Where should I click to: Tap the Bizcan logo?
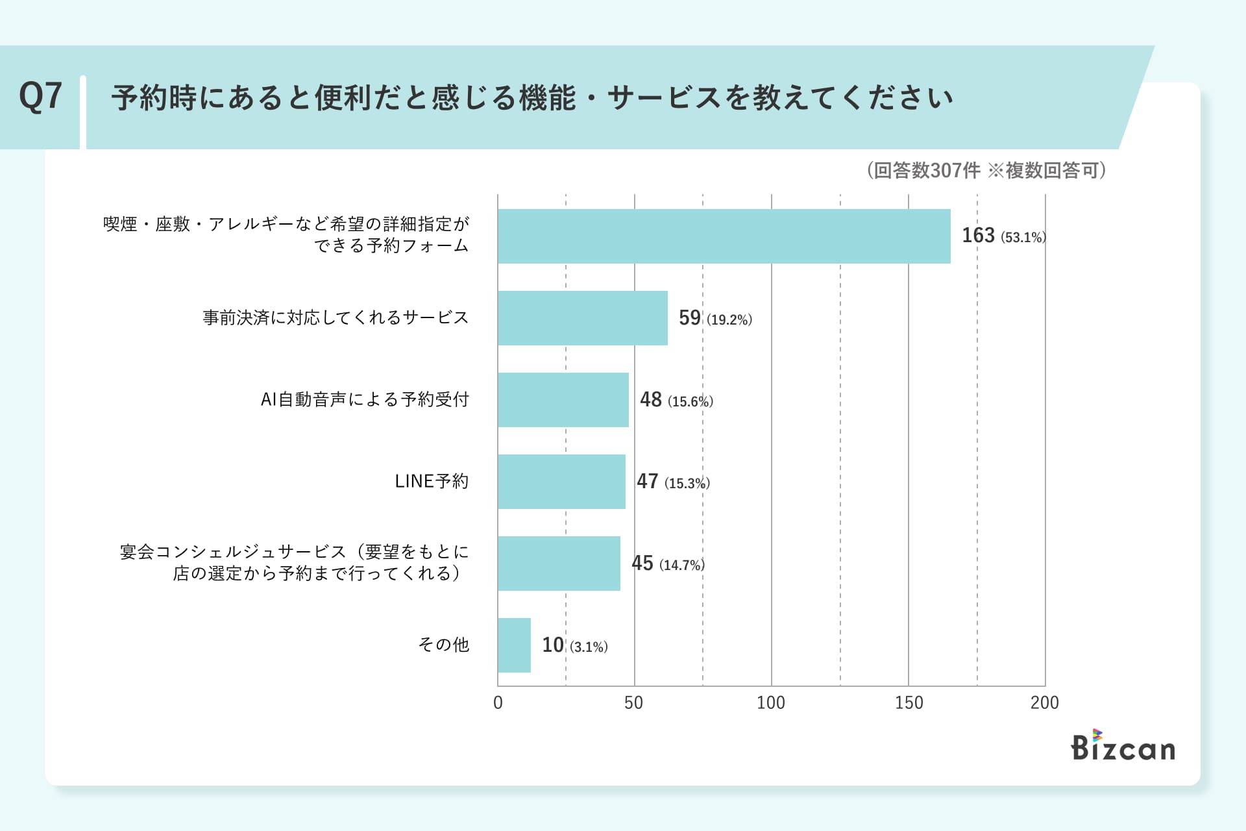coord(1123,746)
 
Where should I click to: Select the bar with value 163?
coord(724,236)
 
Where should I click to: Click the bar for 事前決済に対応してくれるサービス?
coord(582,318)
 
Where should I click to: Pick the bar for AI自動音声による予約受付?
coord(563,400)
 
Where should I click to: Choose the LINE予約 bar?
coord(561,482)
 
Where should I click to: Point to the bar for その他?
coord(514,645)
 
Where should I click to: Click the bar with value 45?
coord(559,564)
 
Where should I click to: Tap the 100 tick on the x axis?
coord(771,702)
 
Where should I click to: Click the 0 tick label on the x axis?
coord(498,702)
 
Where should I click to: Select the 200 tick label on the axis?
coord(1044,702)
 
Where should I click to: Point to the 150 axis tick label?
coord(909,702)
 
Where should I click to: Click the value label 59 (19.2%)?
coord(715,318)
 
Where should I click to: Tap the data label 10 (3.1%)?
coord(574,645)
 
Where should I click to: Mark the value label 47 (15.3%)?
coord(673,482)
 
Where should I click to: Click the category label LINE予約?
coord(431,481)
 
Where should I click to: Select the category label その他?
coord(443,645)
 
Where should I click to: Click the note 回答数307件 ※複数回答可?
coord(986,170)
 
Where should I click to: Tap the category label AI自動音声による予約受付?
coord(364,399)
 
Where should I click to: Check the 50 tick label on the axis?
coord(633,702)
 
